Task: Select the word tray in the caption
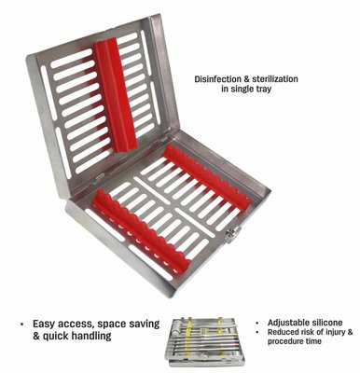pyautogui.click(x=263, y=89)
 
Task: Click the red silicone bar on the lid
pyautogui.click(x=116, y=94)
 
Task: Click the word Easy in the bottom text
pyautogui.click(x=45, y=325)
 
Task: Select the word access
pyautogui.click(x=76, y=325)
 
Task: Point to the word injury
pyautogui.click(x=334, y=332)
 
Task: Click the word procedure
pyautogui.click(x=284, y=341)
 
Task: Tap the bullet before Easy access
pyautogui.click(x=21, y=325)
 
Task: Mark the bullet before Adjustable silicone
pyautogui.click(x=257, y=324)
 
